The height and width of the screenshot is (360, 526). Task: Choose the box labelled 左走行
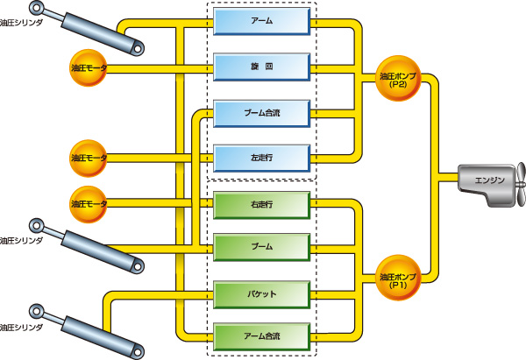coord(262,159)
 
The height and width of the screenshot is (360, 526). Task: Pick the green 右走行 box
coord(262,203)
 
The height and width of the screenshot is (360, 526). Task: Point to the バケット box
coord(262,292)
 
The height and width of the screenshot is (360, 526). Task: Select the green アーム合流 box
coord(262,335)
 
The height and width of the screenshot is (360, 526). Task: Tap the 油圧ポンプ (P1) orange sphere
coord(399,276)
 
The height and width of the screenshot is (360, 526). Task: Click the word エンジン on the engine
coord(489,180)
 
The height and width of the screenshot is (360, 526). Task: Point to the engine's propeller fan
coord(518,180)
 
